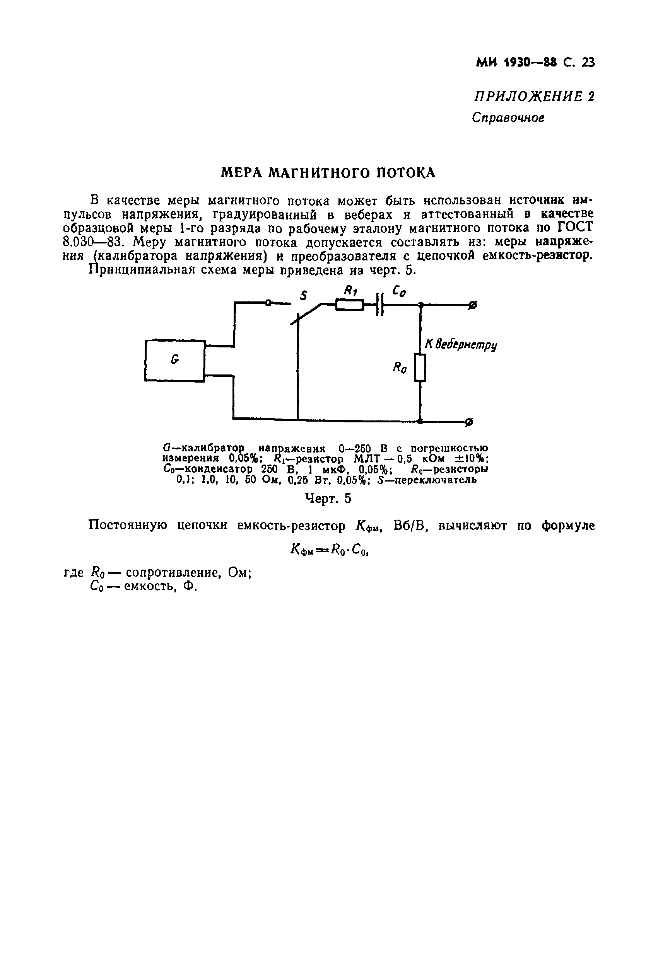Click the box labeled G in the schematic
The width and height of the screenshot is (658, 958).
(174, 360)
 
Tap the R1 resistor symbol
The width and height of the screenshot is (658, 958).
(349, 305)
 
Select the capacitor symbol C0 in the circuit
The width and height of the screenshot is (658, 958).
(380, 305)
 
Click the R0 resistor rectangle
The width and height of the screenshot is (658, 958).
(420, 367)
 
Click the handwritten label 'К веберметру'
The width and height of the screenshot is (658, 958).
(460, 344)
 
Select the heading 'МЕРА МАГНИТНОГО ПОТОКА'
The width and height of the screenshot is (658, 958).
(328, 172)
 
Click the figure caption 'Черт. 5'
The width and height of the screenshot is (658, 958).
(328, 499)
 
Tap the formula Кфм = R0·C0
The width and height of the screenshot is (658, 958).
(329, 549)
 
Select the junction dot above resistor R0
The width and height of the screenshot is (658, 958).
(420, 305)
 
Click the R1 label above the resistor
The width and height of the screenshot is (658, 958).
(350, 291)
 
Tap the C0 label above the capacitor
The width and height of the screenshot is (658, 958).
(398, 292)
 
